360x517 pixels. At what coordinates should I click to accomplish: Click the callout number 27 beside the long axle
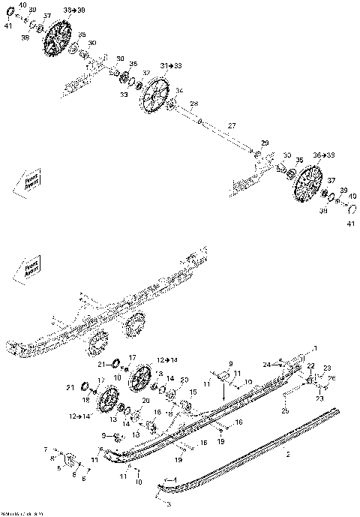[x=232, y=125]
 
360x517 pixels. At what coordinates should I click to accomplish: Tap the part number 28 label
[x=193, y=104]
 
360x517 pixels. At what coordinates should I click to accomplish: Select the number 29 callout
[x=264, y=143]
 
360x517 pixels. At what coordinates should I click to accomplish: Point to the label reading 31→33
[x=170, y=66]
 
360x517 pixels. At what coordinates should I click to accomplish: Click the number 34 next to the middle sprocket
[x=178, y=90]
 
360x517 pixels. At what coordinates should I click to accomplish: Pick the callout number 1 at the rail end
[x=315, y=348]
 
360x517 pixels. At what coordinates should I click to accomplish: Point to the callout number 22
[x=308, y=365]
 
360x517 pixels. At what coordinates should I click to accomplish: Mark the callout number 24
[x=266, y=364]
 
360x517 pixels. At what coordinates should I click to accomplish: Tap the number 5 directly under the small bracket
[x=59, y=468]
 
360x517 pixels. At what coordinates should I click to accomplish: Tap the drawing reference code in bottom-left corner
[x=16, y=513]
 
